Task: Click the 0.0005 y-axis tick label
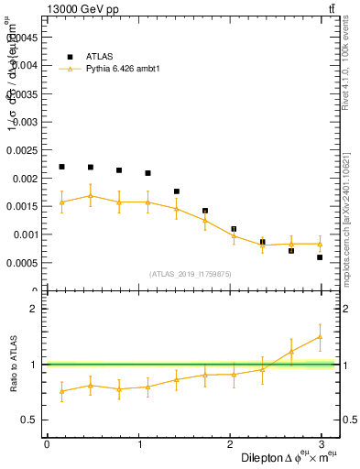click(23, 263)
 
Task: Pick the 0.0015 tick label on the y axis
click(23, 206)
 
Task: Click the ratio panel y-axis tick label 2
click(34, 309)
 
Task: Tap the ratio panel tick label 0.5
click(29, 420)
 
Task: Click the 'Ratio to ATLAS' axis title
click(14, 365)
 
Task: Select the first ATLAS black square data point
click(61, 167)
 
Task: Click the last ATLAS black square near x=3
click(320, 257)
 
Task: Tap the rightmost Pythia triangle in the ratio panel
click(320, 336)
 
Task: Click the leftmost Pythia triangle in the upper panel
click(61, 202)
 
